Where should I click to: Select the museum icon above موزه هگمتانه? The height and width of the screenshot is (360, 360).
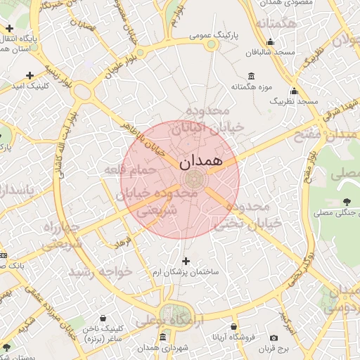[251, 76]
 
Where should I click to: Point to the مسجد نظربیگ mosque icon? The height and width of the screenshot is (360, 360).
[294, 91]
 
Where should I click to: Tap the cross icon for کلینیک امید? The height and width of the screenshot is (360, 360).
[30, 75]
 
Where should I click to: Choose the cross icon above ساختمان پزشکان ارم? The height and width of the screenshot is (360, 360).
[186, 261]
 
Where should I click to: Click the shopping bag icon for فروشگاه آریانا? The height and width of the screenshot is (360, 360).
[233, 326]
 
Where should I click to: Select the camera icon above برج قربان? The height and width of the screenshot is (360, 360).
[274, 338]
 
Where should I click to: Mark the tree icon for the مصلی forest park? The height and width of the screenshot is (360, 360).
[346, 202]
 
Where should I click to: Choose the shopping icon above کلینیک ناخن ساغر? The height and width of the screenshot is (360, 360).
[103, 318]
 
